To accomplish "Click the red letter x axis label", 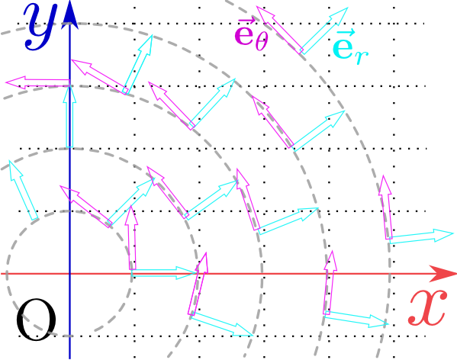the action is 427,308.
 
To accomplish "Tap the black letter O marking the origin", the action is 36,320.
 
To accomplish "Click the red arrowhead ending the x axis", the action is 443,274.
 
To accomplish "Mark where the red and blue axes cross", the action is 69,274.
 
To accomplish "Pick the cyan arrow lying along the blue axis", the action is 69,116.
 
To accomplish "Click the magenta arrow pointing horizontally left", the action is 37,82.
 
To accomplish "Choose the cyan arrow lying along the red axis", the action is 163,273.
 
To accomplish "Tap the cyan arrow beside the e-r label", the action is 324,31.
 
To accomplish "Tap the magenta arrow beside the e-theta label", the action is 279,30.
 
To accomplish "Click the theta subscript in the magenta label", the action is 262,42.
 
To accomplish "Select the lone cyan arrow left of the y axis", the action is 24,190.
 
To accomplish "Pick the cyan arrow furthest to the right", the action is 421,236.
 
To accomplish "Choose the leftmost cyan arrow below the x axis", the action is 222,324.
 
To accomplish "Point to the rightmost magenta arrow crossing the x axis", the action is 330,282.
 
